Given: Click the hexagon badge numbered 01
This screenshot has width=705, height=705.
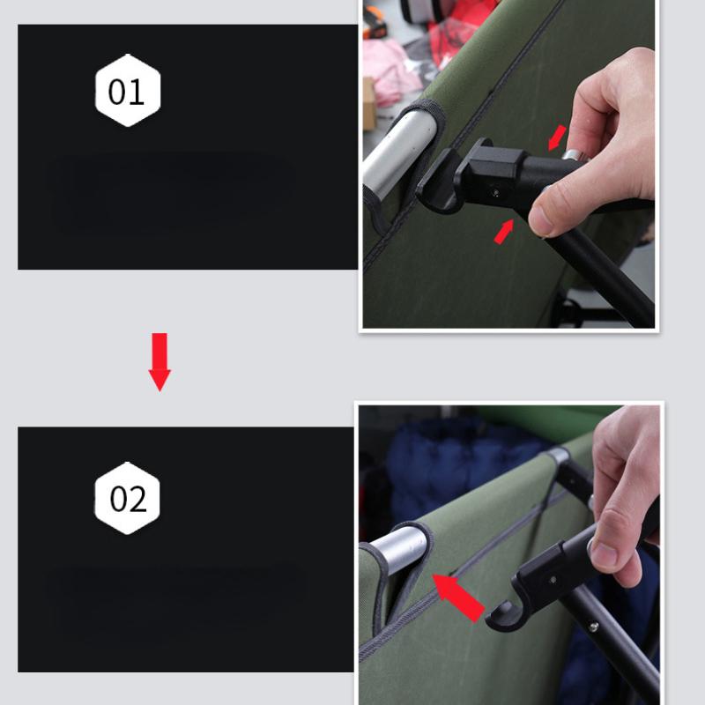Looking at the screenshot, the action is click(128, 91).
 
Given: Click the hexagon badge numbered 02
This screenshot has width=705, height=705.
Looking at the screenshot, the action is click(127, 498).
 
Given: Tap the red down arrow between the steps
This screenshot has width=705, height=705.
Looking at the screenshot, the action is click(160, 361).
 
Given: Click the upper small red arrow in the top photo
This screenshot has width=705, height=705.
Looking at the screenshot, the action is click(557, 137).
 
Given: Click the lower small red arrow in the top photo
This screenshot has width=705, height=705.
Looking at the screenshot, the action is click(504, 232).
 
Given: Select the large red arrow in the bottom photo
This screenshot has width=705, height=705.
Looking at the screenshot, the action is click(457, 597).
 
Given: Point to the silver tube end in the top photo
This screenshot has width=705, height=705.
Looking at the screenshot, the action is click(399, 152).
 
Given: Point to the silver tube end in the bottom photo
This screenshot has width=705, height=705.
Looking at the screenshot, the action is click(398, 549).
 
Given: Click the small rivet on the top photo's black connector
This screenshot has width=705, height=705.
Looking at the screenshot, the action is click(496, 193).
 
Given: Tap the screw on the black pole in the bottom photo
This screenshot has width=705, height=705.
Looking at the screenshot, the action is click(594, 626).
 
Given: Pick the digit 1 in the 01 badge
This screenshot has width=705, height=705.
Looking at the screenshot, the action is click(137, 93).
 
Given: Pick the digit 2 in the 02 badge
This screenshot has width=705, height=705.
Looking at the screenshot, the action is click(137, 499).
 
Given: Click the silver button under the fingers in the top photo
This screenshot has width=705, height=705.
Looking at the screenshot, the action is click(575, 156).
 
